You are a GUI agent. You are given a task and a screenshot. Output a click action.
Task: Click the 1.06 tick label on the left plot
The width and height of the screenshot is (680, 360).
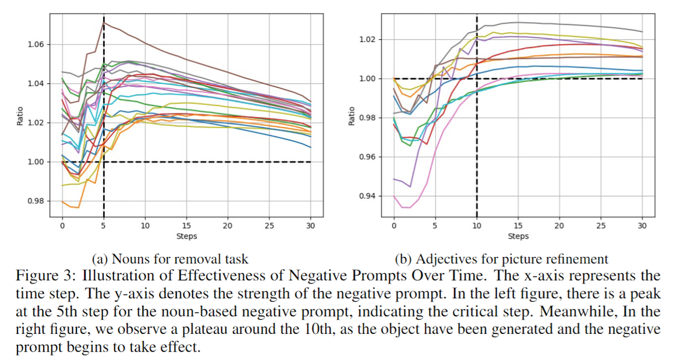coord(36,45)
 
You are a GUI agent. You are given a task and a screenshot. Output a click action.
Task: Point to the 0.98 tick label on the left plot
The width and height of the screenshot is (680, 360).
coord(36,201)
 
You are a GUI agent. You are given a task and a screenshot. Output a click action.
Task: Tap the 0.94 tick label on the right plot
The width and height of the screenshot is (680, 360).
coord(368,196)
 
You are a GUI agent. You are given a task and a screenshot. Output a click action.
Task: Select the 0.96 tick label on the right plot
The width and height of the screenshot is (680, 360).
coord(368,157)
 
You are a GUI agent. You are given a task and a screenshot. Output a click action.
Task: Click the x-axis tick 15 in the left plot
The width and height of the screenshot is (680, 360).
coord(186,226)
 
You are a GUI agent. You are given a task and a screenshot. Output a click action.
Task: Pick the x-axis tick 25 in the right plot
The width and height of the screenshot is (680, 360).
coord(601,226)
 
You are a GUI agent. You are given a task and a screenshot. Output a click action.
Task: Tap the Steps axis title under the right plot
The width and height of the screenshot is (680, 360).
coord(518,236)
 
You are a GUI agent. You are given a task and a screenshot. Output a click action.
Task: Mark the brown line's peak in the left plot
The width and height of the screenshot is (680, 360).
coord(104,22)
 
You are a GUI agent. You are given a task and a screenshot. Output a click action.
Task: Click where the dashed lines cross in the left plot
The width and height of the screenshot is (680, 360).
coord(104,162)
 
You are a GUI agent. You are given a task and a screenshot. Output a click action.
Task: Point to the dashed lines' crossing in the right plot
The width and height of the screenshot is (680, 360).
coord(477,78)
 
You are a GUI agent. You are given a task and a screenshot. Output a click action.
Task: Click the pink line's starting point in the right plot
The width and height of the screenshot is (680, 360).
coord(394,196)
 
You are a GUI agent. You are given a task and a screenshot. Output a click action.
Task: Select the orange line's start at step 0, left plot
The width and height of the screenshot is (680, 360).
coord(62,201)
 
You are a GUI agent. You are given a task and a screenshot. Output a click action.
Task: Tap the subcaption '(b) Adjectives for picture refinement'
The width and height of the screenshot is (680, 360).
coord(501,260)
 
